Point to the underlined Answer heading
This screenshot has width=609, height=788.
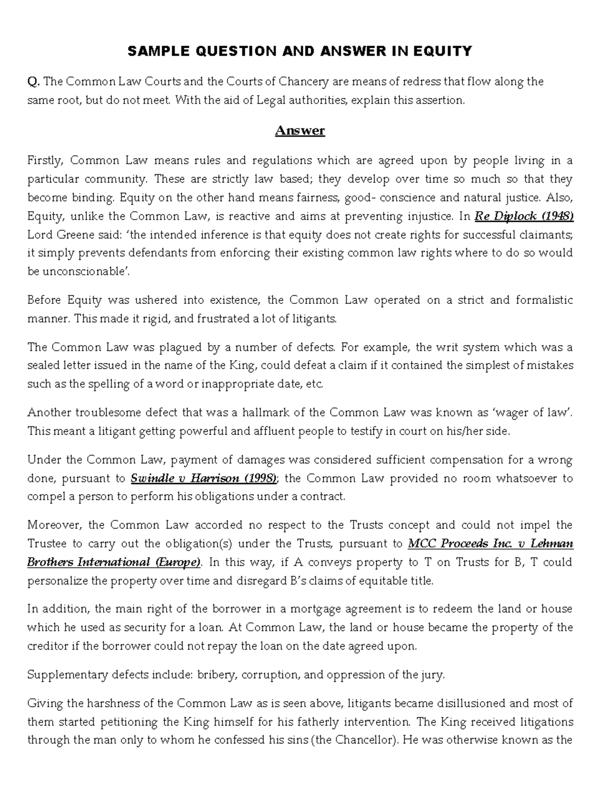pos(299,130)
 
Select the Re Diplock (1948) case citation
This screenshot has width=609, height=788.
pos(524,216)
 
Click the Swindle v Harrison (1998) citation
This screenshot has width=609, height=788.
pos(204,478)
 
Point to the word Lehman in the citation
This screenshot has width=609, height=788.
pos(552,543)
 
